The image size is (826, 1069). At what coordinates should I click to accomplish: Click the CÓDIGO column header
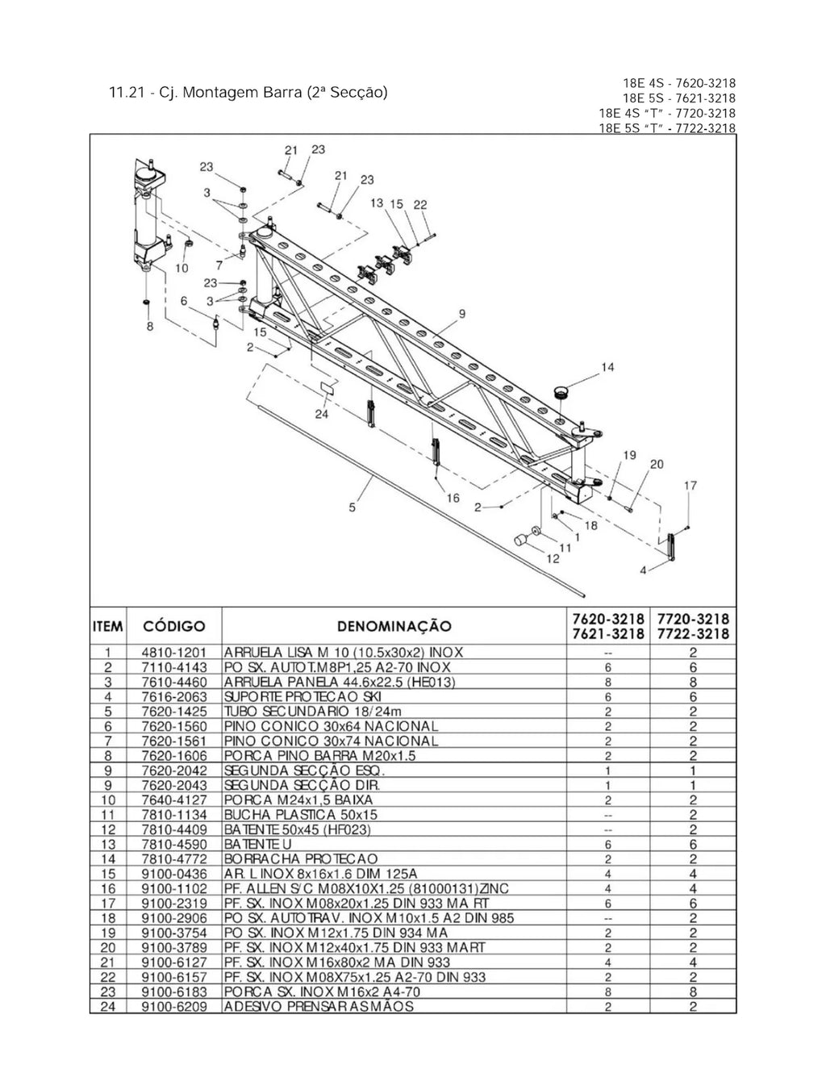click(174, 626)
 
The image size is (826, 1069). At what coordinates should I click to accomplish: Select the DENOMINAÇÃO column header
click(394, 626)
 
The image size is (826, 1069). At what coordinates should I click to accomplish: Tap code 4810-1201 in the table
click(174, 653)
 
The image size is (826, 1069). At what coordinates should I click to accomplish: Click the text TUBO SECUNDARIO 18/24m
click(313, 712)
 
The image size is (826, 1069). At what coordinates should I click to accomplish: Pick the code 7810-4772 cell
click(174, 859)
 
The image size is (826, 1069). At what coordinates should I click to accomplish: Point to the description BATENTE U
click(257, 844)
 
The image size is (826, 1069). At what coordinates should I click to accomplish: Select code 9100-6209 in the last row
click(174, 1007)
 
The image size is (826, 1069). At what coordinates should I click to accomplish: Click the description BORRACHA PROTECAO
click(301, 859)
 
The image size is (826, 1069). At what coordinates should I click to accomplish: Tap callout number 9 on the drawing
click(462, 313)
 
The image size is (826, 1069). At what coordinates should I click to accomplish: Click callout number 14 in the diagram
click(607, 367)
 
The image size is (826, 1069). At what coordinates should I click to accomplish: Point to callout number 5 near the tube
click(352, 507)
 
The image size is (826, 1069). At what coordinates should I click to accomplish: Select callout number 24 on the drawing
click(322, 414)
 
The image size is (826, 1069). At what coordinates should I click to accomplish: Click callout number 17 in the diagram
click(690, 486)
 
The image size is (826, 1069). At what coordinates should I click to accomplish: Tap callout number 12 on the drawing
click(553, 558)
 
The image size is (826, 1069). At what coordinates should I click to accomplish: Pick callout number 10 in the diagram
click(182, 268)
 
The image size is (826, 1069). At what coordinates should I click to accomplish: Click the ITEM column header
click(107, 626)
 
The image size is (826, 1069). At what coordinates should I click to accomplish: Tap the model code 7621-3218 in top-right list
click(706, 98)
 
